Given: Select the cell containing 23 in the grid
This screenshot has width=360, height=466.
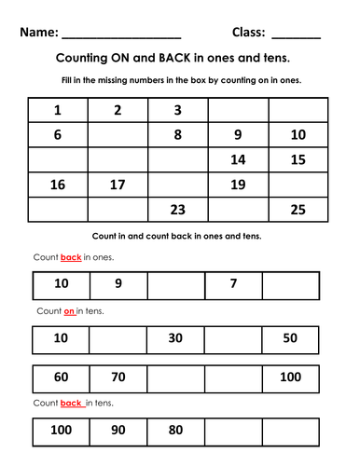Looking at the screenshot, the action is (177, 210).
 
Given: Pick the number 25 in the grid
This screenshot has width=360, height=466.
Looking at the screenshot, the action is (298, 210).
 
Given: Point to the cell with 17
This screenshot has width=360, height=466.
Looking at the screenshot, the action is (118, 185).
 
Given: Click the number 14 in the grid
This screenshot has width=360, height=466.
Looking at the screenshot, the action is (238, 159).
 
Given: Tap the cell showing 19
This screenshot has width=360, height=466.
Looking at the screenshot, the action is (238, 185).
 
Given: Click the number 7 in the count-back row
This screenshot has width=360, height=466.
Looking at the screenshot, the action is (233, 283).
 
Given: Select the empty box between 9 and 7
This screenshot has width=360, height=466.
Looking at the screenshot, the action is (175, 283).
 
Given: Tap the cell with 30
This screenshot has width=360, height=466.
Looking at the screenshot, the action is (175, 337).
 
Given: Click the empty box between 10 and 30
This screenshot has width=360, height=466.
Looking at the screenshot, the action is (118, 337).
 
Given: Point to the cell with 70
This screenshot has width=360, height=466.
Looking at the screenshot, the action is (118, 377).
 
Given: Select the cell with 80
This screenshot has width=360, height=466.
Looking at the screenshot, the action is (175, 432).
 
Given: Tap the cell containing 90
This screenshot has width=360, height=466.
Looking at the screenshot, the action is (118, 432).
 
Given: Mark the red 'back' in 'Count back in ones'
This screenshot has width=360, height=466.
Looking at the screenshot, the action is (71, 257).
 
